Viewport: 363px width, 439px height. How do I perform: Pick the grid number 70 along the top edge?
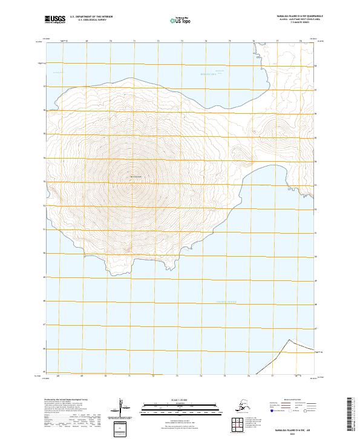[111, 41]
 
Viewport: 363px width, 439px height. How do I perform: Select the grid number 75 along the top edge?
[229, 41]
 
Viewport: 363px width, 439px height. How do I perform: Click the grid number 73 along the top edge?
[182, 41]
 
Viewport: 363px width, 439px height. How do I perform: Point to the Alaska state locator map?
[243, 406]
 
